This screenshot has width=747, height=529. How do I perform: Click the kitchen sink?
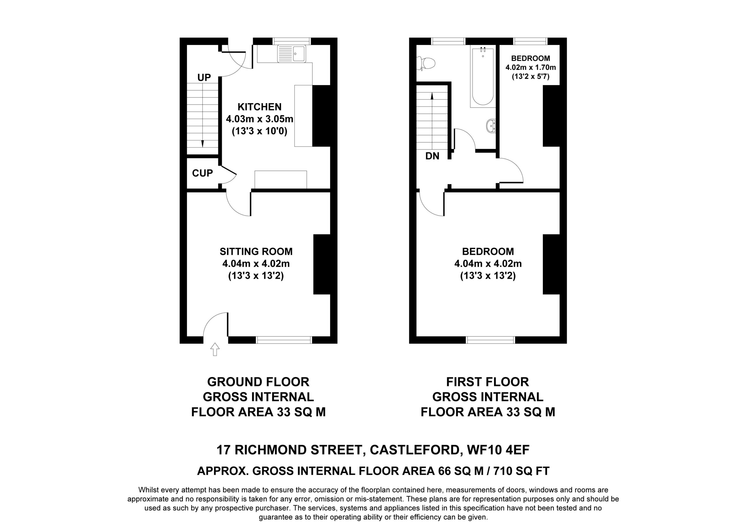pos(292,54)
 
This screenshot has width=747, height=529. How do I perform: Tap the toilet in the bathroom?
pos(427,63)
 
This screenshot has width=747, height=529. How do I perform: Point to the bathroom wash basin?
pos(491,126)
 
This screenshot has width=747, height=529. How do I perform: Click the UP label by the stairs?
pos(204,77)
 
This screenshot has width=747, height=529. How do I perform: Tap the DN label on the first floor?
pos(432,156)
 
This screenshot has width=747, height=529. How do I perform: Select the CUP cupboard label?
pos(203,173)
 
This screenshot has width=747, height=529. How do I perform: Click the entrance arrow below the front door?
pos(215,349)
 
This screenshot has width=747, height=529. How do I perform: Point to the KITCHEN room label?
pos(259,107)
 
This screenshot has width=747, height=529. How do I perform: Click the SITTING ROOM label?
pos(256,252)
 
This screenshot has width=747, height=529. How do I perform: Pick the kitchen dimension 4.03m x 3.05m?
pos(260,119)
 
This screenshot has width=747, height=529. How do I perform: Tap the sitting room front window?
pos(284,340)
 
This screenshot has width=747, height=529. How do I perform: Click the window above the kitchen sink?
pos(292,41)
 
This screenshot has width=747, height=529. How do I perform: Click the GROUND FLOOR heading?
pos(258,382)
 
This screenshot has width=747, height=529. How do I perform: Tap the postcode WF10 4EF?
pos(498,450)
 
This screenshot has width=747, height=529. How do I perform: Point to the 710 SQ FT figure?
pos(521,471)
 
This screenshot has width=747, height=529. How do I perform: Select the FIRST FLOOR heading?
pos(488,382)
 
